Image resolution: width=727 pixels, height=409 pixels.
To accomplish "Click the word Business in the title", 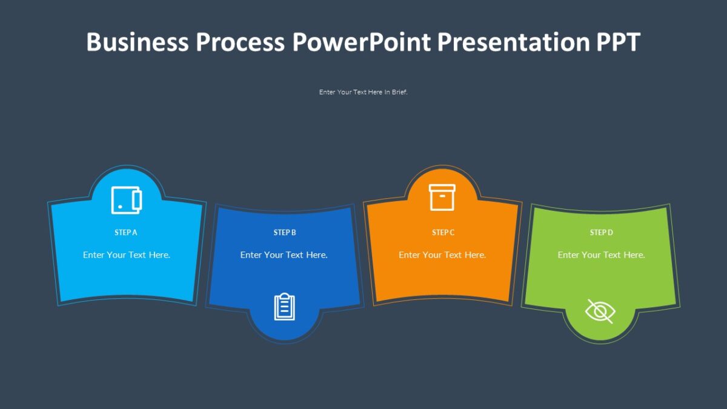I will tap(137, 42).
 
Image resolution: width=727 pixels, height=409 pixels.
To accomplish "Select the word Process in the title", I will tap(240, 42).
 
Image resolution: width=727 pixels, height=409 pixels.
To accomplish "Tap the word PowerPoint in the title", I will tap(362, 42).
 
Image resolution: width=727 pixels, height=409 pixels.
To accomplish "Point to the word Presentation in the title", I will tap(512, 42).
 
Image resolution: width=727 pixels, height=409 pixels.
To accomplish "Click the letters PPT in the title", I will tap(617, 42).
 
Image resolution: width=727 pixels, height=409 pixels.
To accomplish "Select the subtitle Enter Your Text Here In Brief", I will tap(363, 92).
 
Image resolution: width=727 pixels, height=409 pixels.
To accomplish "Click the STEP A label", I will tap(126, 233).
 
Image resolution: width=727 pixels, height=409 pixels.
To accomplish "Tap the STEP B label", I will tap(285, 233).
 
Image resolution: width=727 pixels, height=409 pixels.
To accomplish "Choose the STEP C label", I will tap(443, 233).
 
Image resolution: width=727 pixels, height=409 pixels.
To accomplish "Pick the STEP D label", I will tap(602, 233).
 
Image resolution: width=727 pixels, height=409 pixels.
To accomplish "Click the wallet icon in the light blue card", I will tap(127, 200).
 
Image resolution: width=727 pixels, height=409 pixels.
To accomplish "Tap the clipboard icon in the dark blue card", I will tap(285, 307).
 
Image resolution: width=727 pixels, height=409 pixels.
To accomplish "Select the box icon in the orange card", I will tap(442, 198).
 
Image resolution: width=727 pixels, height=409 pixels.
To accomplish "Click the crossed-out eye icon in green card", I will tap(600, 311).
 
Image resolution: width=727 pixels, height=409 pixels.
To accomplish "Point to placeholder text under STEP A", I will tap(127, 255).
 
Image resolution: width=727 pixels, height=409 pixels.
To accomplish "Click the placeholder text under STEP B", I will tap(284, 255).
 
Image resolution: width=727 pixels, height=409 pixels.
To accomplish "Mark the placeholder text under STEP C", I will tap(442, 255).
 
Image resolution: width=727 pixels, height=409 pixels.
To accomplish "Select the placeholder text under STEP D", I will tap(601, 255).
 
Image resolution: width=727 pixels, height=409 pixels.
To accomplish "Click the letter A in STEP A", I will tap(135, 233).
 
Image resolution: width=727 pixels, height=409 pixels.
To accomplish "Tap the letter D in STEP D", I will tap(611, 233).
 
